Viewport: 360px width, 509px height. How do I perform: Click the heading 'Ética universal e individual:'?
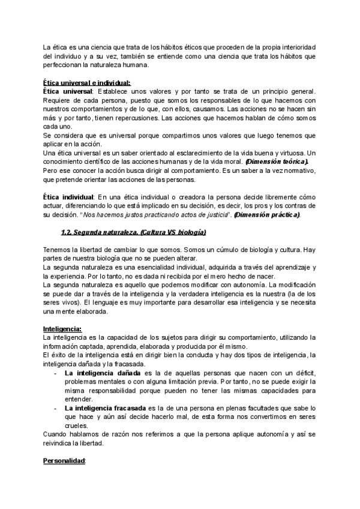(x=87, y=83)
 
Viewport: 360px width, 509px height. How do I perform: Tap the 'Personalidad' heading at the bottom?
(x=65, y=478)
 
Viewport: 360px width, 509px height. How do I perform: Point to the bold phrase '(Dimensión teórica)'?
(x=277, y=162)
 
